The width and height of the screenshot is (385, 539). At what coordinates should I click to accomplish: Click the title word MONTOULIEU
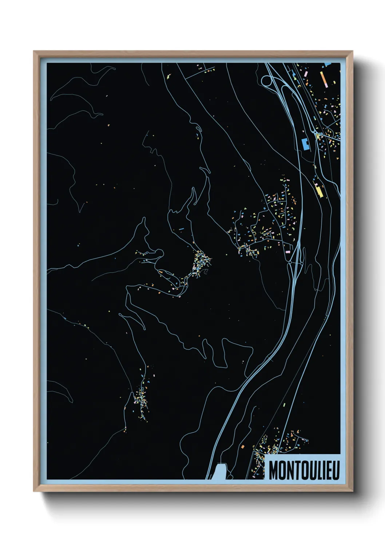(x=304, y=471)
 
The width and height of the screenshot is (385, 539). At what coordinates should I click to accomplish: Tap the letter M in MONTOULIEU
(x=274, y=471)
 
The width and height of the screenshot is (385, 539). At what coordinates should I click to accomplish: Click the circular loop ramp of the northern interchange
(x=266, y=80)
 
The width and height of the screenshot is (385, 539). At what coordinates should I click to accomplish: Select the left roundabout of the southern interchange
(x=290, y=261)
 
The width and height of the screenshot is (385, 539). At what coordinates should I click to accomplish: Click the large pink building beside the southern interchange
(x=287, y=251)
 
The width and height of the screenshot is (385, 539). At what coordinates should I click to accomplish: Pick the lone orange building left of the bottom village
(x=242, y=446)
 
